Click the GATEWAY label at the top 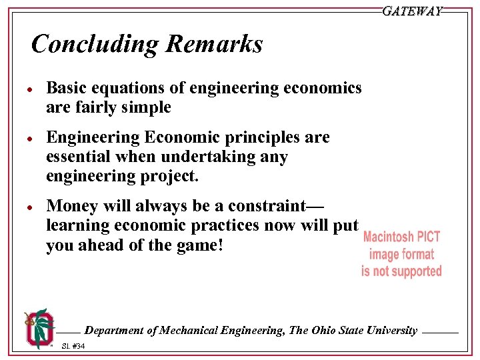(x=412, y=11)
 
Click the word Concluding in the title (x=93, y=45)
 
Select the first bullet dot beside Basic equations (x=31, y=89)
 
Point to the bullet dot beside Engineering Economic (x=31, y=138)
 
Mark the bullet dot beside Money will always (x=31, y=207)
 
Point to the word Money (x=70, y=206)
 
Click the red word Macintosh (x=390, y=238)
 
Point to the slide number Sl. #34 (x=73, y=346)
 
